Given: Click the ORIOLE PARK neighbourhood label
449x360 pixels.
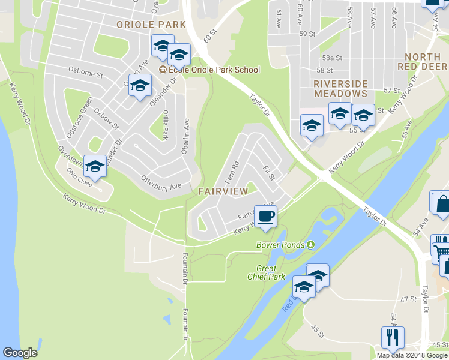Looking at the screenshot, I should coord(151,25).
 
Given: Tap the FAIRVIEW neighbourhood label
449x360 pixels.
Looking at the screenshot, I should coord(222,191).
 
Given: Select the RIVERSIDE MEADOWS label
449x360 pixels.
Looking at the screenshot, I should coord(340,88).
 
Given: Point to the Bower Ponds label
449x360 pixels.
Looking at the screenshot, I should coord(281,245).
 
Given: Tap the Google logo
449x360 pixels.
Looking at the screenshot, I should coord(20,353).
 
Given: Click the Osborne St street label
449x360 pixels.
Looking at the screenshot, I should coord(86,70).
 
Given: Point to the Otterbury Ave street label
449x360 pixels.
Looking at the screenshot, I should coord(161,179).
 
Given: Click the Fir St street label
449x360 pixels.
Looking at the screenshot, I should coord(268,173).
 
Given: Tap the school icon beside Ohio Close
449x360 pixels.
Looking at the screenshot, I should coord(94,167).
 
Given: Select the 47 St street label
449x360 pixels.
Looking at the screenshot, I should coord(408,299).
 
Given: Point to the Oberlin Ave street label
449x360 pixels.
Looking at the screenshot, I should coord(185,136).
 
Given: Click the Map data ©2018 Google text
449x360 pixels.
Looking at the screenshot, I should coord(412,355).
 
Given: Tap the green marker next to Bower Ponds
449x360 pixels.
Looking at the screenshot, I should coord(310,244).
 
